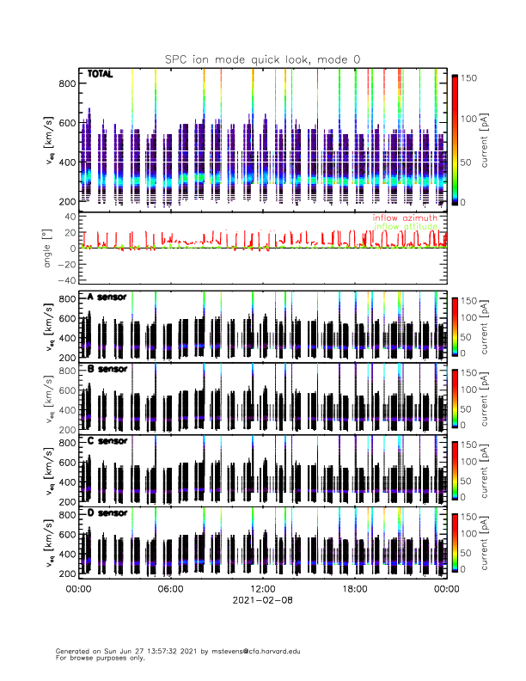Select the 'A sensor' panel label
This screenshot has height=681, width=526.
pyautogui.click(x=107, y=298)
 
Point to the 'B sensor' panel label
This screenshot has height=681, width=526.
pyautogui.click(x=107, y=369)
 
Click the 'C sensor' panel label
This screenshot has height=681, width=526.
pyautogui.click(x=107, y=441)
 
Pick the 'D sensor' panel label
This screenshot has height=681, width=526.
pyautogui.click(x=107, y=512)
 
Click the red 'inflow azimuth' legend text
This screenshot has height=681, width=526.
pyautogui.click(x=405, y=218)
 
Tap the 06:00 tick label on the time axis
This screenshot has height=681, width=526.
pyautogui.click(x=170, y=590)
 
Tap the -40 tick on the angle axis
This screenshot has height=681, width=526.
pyautogui.click(x=65, y=280)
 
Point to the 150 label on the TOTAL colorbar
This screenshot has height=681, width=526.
pyautogui.click(x=470, y=78)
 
